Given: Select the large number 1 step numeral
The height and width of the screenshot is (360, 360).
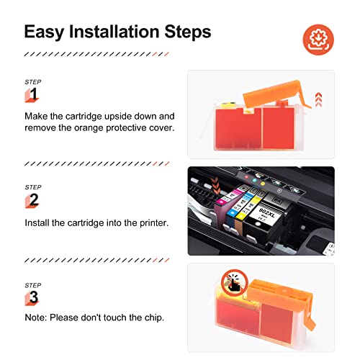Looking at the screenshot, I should tap(32, 94).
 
